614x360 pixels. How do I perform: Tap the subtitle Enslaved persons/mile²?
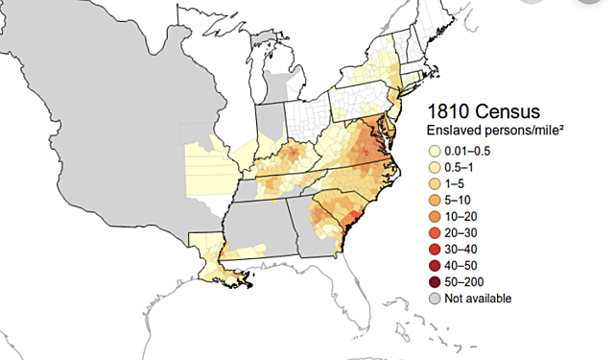point(487,130)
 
